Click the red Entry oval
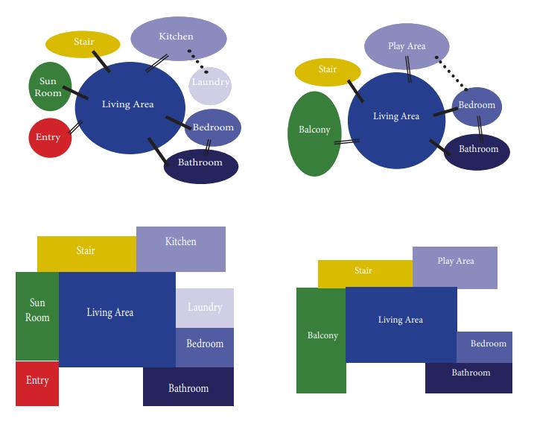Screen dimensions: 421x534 (x=48, y=137)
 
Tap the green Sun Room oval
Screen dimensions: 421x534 (x=50, y=87)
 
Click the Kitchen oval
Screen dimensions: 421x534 (x=179, y=37)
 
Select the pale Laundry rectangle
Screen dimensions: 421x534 (x=205, y=308)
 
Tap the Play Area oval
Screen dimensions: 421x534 (x=407, y=46)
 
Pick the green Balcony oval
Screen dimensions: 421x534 (x=314, y=133)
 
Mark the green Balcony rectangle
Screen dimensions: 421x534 (x=322, y=340)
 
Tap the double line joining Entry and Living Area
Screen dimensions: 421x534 (x=74, y=127)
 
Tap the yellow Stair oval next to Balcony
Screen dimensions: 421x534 (x=328, y=72)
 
